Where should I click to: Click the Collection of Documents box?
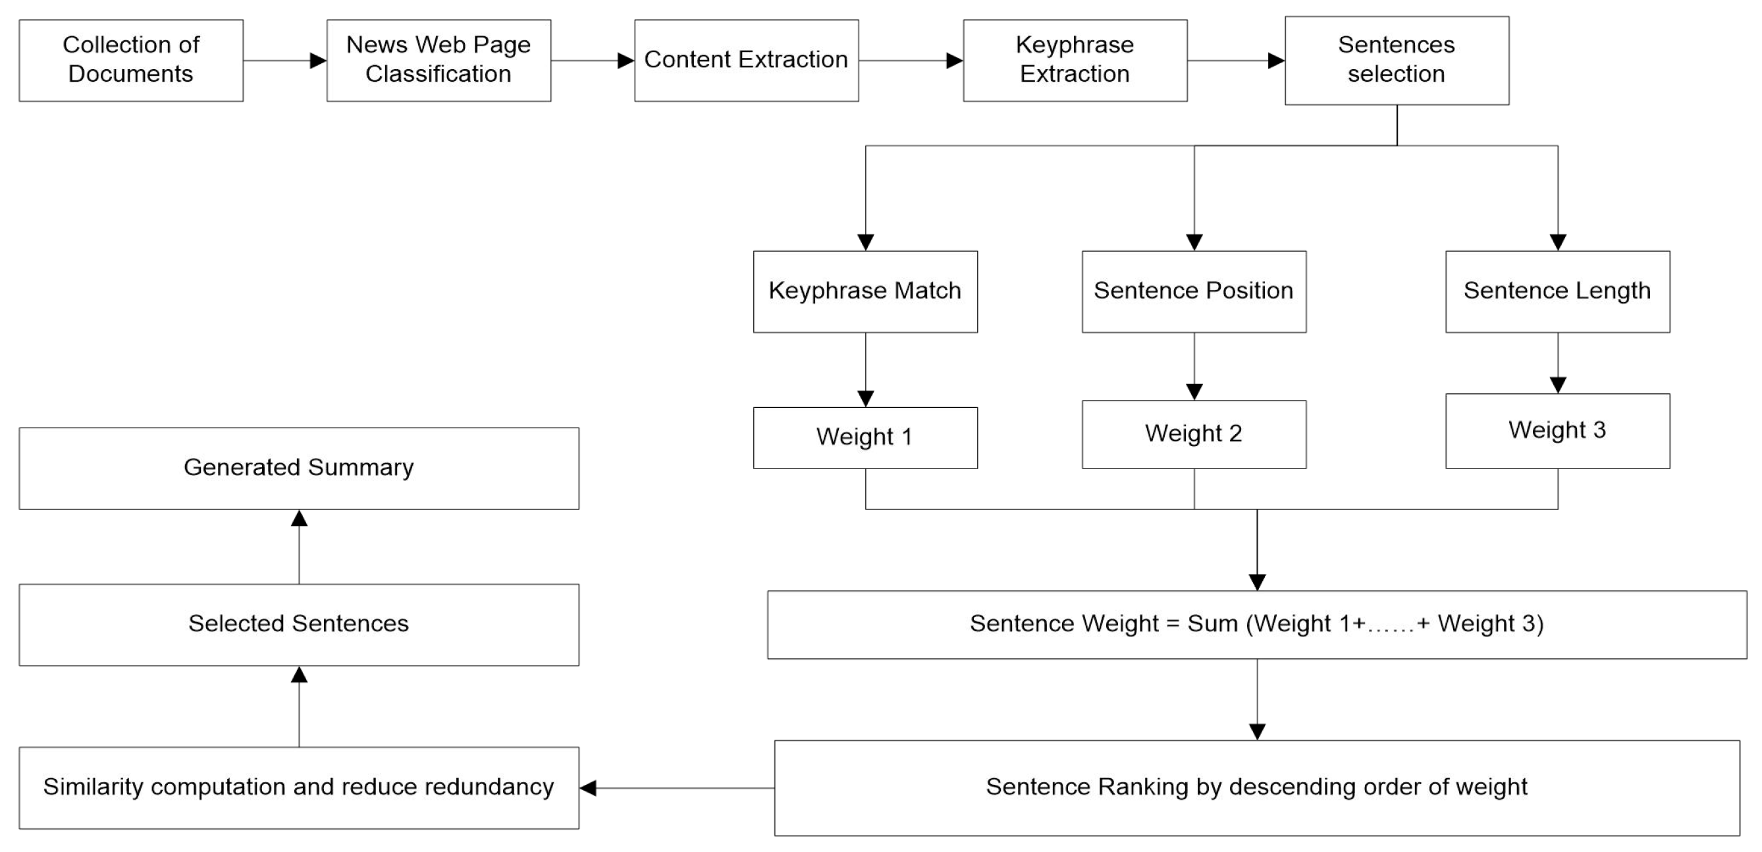click(130, 60)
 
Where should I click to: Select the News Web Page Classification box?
click(439, 60)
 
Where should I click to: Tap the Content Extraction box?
click(746, 60)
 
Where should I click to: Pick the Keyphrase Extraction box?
click(1075, 60)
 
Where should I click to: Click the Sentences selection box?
click(1396, 60)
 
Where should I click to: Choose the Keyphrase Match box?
click(865, 291)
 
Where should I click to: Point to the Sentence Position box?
click(1194, 291)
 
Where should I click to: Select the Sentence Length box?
click(1557, 291)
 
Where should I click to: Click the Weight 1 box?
click(865, 438)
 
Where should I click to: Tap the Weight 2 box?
click(1194, 434)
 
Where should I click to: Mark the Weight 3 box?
click(1557, 430)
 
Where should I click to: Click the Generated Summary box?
click(299, 468)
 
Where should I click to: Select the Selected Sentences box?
click(299, 624)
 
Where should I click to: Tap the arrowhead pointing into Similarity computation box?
click(588, 787)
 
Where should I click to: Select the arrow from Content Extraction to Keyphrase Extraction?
click(911, 60)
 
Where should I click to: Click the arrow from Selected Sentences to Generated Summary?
click(299, 547)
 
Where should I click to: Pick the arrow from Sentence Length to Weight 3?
click(1557, 362)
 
